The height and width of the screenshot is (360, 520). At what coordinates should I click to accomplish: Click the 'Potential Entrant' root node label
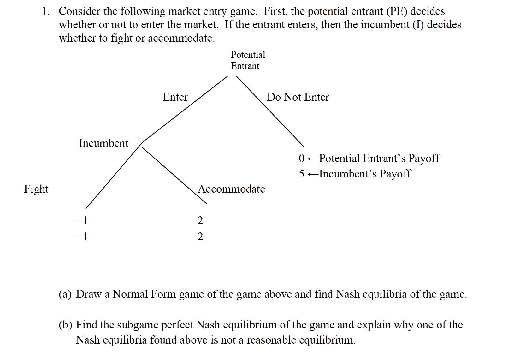click(248, 60)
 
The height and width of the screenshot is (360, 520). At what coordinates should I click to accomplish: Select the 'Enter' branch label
click(175, 97)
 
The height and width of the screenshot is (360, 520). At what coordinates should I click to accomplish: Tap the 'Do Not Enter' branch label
click(298, 97)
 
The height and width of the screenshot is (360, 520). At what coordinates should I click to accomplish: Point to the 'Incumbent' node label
click(103, 143)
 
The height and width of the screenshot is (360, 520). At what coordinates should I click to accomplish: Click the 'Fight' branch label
click(36, 189)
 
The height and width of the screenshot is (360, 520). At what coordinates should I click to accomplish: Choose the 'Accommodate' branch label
click(231, 189)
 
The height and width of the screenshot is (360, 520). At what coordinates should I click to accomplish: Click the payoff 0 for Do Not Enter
click(302, 158)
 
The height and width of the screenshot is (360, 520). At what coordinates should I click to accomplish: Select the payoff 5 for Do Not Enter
click(302, 174)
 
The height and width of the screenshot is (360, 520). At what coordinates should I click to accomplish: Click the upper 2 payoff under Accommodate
click(200, 220)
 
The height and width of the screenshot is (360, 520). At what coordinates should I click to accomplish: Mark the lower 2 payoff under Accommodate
click(200, 236)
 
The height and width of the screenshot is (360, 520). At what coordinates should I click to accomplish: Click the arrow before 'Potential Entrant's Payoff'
click(313, 159)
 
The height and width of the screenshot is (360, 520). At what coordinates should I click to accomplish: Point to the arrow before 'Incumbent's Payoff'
click(313, 174)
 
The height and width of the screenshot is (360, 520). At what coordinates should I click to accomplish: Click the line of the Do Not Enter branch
click(270, 111)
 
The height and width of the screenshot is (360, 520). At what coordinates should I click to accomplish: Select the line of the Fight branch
click(114, 175)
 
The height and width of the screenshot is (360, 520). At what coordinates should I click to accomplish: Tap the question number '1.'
click(46, 11)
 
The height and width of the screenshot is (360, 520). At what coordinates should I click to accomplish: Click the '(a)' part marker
click(65, 294)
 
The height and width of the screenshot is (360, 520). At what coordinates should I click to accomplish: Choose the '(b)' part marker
click(65, 325)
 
